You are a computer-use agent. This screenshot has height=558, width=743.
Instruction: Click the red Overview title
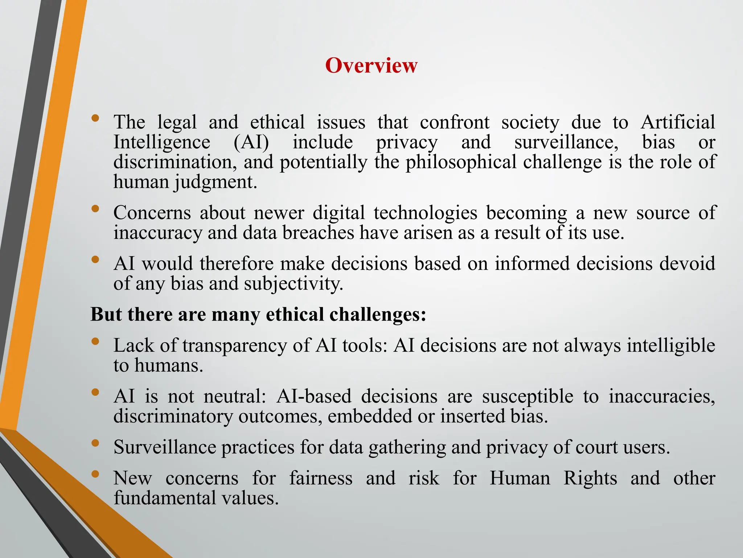tap(371, 66)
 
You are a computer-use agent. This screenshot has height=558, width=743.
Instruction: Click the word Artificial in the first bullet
tap(678, 122)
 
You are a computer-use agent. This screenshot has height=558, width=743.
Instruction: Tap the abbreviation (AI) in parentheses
tap(251, 142)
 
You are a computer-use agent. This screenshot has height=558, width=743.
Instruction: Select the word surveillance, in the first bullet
tap(566, 142)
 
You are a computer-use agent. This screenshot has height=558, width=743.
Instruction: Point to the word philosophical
tap(461, 162)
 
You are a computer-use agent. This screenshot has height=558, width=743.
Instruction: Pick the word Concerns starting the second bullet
tap(152, 213)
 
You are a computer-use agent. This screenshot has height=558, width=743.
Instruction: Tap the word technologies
tap(425, 213)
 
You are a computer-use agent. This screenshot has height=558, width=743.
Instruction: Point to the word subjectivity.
tap(293, 283)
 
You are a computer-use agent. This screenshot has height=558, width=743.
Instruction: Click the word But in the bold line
tap(106, 314)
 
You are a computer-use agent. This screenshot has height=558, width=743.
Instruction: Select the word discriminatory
tap(173, 416)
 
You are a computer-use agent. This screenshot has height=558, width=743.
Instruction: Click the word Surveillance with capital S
tap(165, 447)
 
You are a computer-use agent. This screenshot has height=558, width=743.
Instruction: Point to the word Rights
tap(590, 478)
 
